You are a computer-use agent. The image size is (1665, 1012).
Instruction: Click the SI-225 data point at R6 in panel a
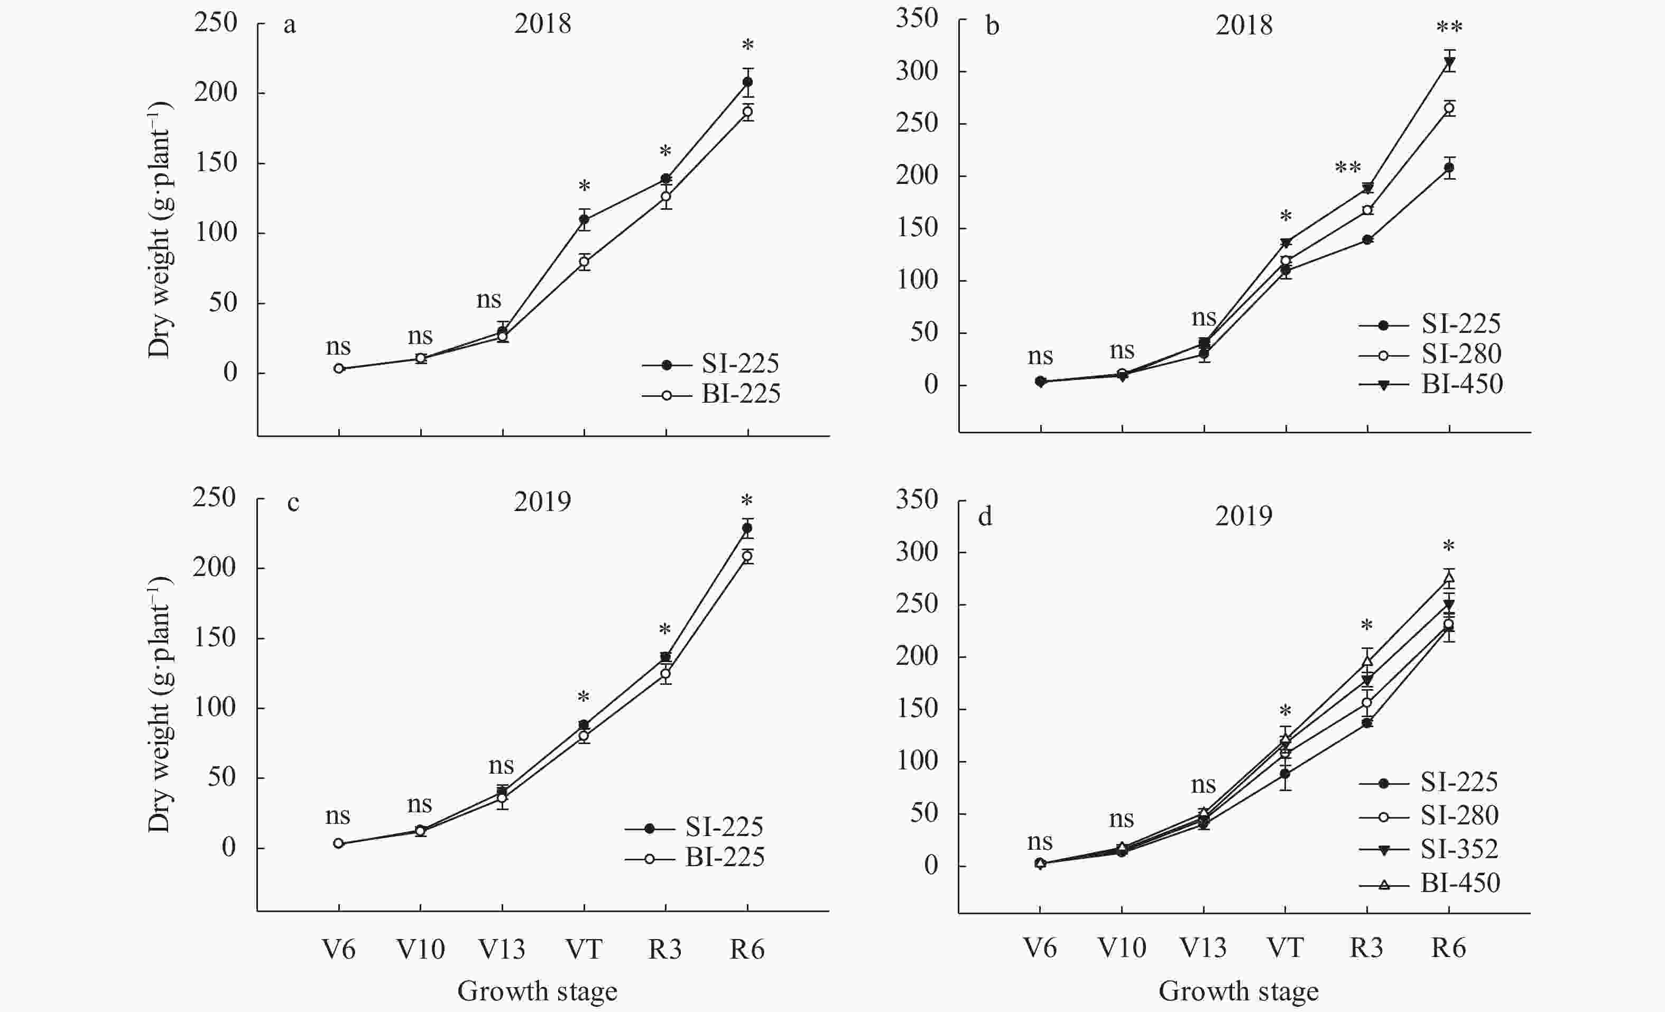pyautogui.click(x=747, y=82)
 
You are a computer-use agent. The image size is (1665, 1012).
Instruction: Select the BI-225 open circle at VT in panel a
pyautogui.click(x=584, y=262)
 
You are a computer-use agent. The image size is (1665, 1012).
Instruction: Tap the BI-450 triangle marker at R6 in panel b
pyautogui.click(x=1449, y=62)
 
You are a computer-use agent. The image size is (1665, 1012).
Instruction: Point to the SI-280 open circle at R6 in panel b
pyautogui.click(x=1449, y=108)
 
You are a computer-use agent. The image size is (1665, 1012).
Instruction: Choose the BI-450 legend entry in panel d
pyautogui.click(x=1459, y=883)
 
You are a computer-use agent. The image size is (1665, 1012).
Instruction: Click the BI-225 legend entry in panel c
pyautogui.click(x=724, y=857)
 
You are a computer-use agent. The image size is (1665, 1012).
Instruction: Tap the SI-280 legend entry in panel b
pyautogui.click(x=1461, y=354)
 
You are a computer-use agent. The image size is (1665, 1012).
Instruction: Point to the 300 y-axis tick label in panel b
pyautogui.click(x=917, y=70)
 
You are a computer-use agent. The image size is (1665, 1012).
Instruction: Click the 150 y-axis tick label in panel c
pyautogui.click(x=214, y=637)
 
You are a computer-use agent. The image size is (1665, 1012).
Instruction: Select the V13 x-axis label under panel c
pyautogui.click(x=502, y=949)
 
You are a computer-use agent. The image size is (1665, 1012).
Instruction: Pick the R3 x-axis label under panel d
pyautogui.click(x=1366, y=948)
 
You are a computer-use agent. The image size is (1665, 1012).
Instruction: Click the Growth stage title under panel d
pyautogui.click(x=1238, y=991)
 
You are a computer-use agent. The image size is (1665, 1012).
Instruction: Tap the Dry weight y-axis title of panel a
pyautogui.click(x=160, y=230)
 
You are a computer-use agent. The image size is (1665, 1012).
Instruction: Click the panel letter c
pyautogui.click(x=293, y=503)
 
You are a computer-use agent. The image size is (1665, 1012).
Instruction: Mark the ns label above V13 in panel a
pyautogui.click(x=488, y=299)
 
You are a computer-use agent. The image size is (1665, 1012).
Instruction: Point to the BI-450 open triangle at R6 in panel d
pyautogui.click(x=1449, y=578)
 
